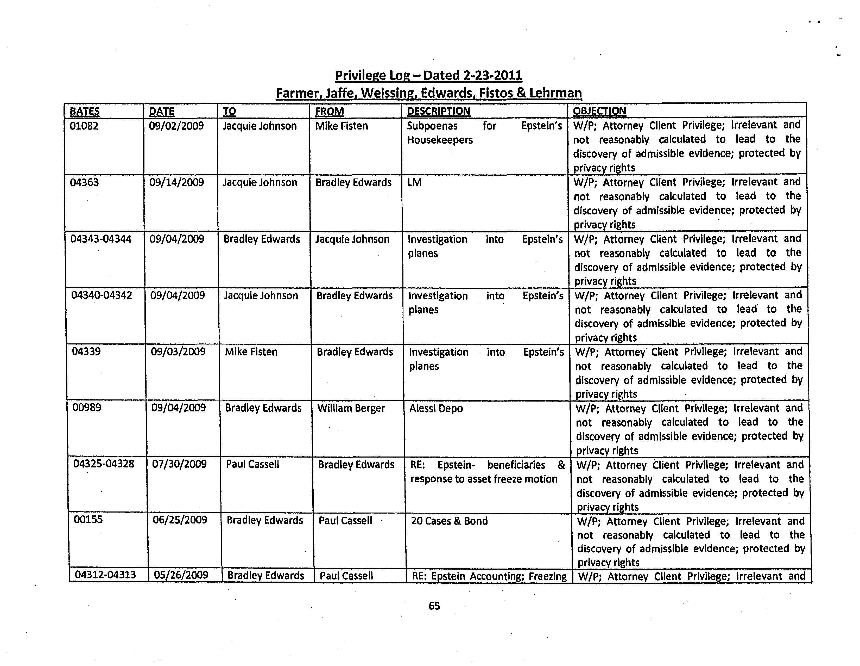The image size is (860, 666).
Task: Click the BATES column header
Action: click(x=84, y=112)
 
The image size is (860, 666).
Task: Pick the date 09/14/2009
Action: click(x=176, y=182)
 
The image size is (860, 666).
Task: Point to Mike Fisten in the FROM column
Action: click(x=342, y=126)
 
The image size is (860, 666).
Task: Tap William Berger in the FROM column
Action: click(x=351, y=408)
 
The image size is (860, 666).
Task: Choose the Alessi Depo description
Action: click(x=436, y=409)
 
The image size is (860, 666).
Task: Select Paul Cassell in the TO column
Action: click(x=252, y=465)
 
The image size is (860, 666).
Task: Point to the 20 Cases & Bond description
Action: click(x=449, y=521)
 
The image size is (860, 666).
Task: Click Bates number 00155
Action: click(x=88, y=520)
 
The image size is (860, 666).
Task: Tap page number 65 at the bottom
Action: click(x=434, y=606)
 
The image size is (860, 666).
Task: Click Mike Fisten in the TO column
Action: click(x=251, y=352)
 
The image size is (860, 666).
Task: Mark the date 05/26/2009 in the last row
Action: click(x=181, y=575)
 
